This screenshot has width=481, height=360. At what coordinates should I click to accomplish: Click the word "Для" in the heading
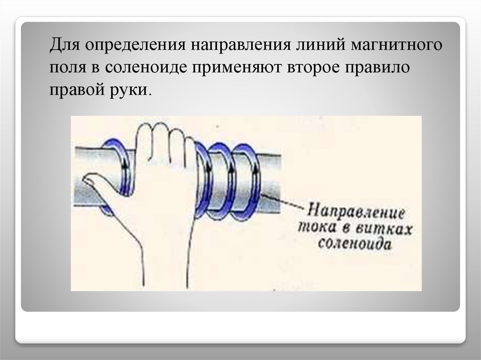pyautogui.click(x=64, y=45)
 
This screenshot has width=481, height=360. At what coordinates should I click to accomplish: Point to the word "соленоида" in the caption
pyautogui.click(x=355, y=244)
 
